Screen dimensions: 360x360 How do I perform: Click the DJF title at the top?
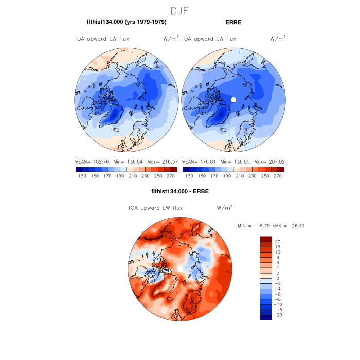(x=180, y=10)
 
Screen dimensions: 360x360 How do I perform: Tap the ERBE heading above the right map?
(x=233, y=22)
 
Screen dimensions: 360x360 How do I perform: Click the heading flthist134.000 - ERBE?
(x=180, y=192)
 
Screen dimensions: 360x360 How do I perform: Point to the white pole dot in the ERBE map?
(x=233, y=99)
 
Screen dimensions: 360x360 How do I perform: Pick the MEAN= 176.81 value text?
(x=199, y=161)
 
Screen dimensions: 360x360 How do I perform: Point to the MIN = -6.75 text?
(x=251, y=226)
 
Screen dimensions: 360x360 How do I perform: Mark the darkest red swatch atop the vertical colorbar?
(x=265, y=239)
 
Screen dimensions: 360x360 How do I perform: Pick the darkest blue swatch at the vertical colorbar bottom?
(x=265, y=317)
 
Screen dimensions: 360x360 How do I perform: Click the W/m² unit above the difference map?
(x=225, y=208)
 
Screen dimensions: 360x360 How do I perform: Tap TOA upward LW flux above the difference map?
(x=154, y=208)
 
